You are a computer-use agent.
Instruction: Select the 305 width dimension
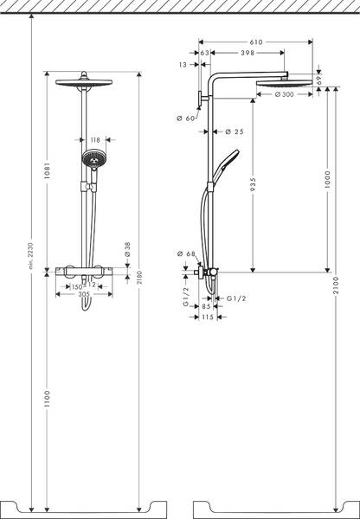coord(85,294)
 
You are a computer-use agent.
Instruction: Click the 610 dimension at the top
coord(256,41)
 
